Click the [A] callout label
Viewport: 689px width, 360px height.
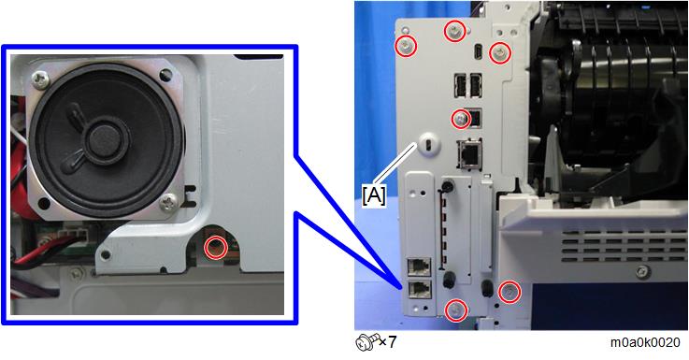point(374,194)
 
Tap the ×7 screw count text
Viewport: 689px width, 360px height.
point(388,341)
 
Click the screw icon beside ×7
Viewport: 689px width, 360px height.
point(366,342)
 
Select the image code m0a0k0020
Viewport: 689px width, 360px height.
point(645,342)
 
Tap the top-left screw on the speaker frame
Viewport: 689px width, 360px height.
point(41,79)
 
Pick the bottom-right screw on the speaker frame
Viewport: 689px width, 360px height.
point(168,202)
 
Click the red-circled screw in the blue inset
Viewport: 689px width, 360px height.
point(216,248)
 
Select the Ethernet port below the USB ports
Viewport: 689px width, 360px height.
point(469,153)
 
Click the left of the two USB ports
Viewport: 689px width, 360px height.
point(460,85)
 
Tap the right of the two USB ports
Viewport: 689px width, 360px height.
point(476,85)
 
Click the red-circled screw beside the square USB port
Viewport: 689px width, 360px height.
point(461,119)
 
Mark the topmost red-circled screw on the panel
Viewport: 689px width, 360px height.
point(454,32)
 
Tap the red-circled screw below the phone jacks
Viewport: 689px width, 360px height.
point(455,310)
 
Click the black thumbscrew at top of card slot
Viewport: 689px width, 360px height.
point(447,186)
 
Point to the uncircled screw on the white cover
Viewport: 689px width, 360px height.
point(643,271)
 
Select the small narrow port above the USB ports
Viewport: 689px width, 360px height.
point(478,52)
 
